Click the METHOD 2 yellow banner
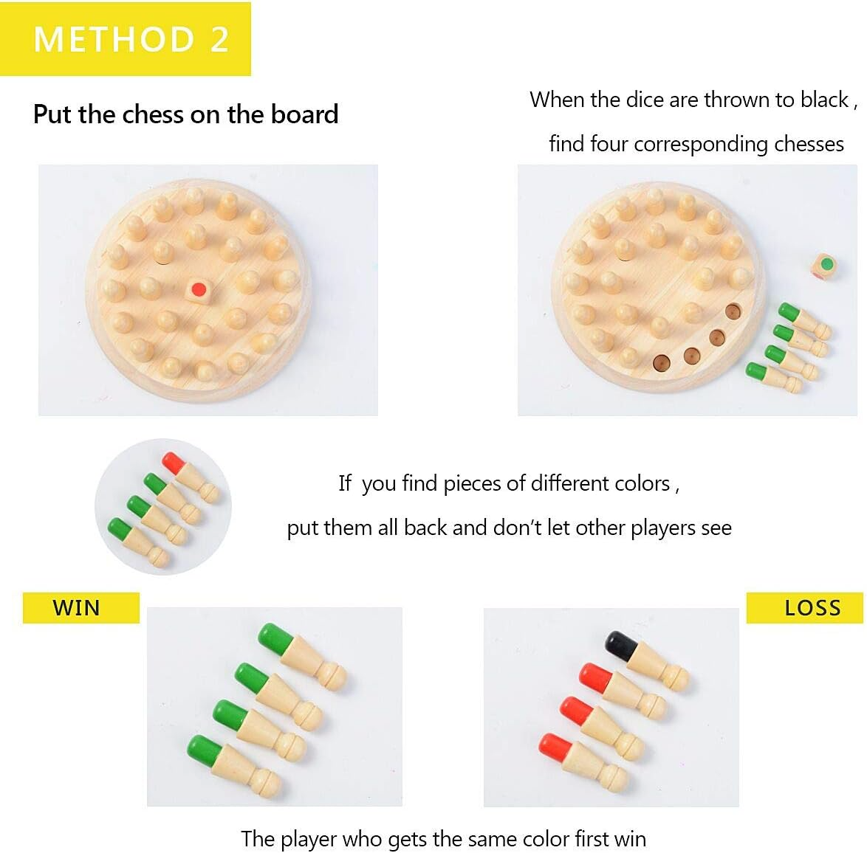tap(126, 38)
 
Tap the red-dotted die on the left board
tap(199, 290)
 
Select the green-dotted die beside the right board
tap(824, 265)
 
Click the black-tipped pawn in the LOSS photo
tap(647, 660)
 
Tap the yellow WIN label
tap(80, 608)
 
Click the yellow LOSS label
tap(804, 608)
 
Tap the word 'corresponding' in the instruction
tap(701, 145)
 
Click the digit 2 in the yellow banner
tap(219, 39)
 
